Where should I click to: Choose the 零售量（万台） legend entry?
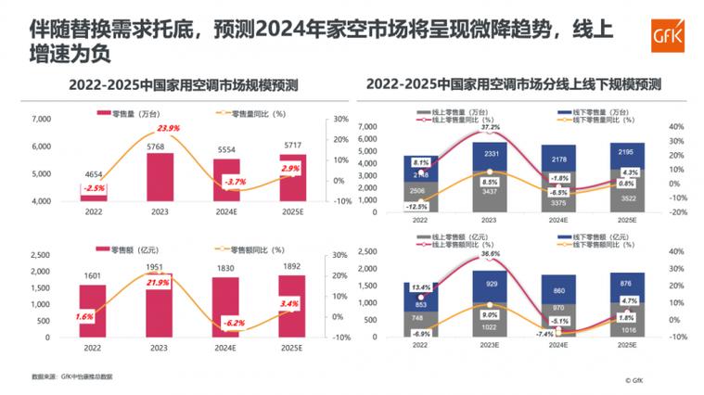(x=129, y=113)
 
